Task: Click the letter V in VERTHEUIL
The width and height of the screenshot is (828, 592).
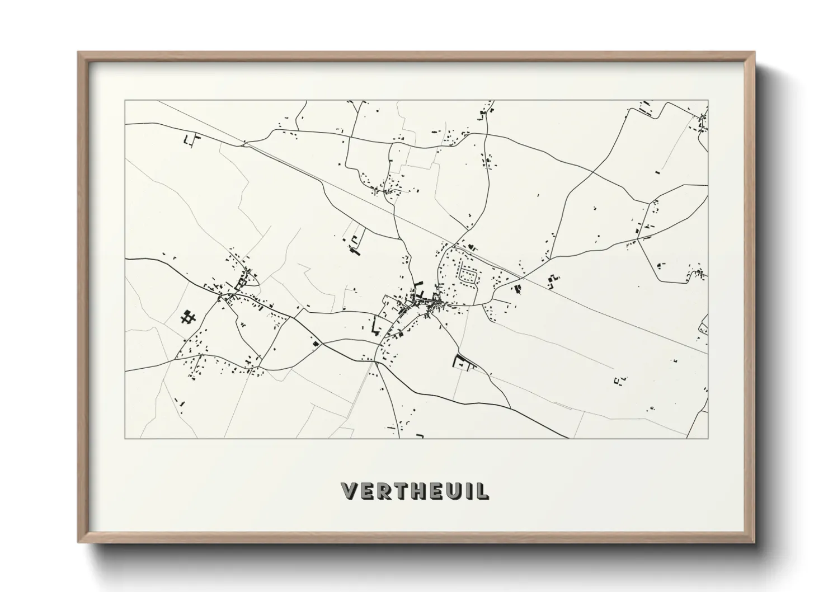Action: pyautogui.click(x=348, y=491)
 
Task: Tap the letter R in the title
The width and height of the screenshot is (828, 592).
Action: pyautogui.click(x=382, y=491)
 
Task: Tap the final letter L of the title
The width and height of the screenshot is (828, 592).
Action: pyautogui.click(x=480, y=491)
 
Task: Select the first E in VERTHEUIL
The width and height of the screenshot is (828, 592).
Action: pyautogui.click(x=365, y=491)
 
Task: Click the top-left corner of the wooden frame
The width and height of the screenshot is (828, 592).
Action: pyautogui.click(x=78, y=53)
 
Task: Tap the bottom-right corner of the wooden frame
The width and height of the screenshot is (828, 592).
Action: pyautogui.click(x=754, y=542)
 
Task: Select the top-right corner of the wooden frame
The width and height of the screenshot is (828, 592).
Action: pyautogui.click(x=754, y=53)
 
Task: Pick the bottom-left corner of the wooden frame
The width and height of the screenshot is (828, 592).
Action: pyautogui.click(x=78, y=542)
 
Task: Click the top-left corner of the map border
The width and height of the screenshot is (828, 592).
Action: pyautogui.click(x=125, y=101)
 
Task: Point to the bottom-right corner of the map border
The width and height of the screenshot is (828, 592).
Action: pyautogui.click(x=708, y=438)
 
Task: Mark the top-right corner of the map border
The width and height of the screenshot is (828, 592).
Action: pyautogui.click(x=708, y=101)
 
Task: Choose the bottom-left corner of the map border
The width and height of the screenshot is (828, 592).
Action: pyautogui.click(x=125, y=438)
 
